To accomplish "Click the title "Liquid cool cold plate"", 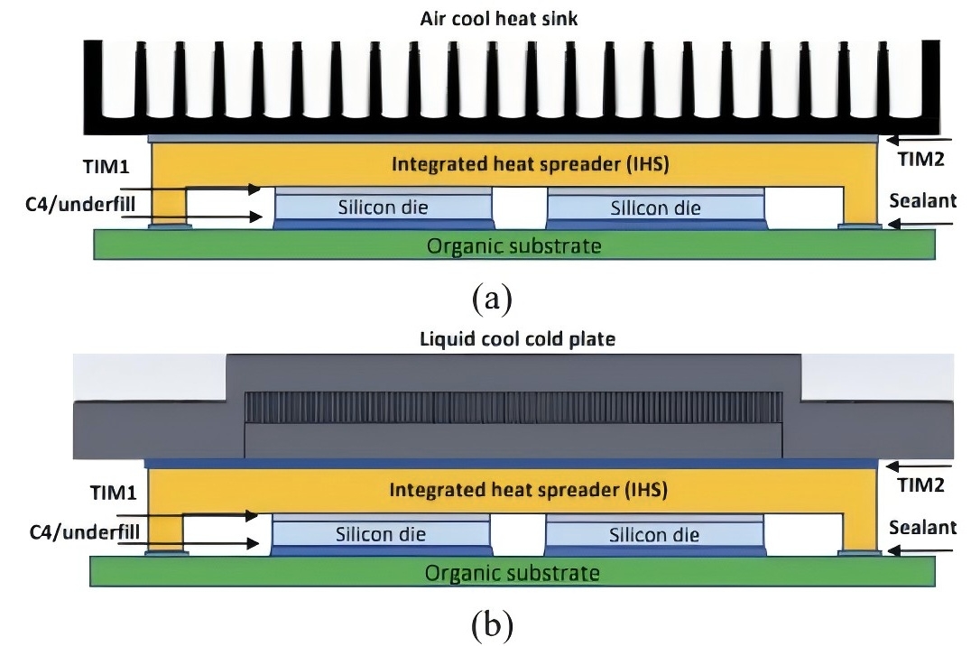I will pyautogui.click(x=485, y=340).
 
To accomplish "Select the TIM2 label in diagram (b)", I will pyautogui.click(x=920, y=484).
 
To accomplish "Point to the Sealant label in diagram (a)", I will pyautogui.click(x=921, y=200).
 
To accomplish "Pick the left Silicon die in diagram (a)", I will pyautogui.click(x=384, y=208).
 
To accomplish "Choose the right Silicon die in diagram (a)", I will pyautogui.click(x=655, y=208).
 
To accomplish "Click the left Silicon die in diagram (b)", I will pyautogui.click(x=381, y=534).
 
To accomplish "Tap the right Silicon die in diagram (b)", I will pyautogui.click(x=654, y=534).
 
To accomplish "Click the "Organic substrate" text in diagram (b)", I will pyautogui.click(x=512, y=572).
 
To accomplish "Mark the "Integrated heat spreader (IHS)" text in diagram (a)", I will pyautogui.click(x=529, y=164).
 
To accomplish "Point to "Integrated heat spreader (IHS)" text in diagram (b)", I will pyautogui.click(x=528, y=491).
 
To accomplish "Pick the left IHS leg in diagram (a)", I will pyautogui.click(x=169, y=206).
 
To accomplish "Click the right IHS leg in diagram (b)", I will pyautogui.click(x=859, y=532).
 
